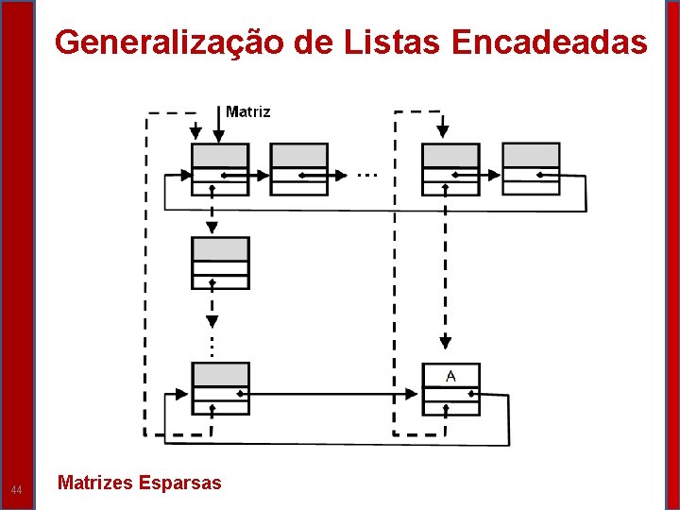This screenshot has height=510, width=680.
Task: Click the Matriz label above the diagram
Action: click(x=248, y=111)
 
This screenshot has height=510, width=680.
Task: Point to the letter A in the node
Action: click(x=450, y=376)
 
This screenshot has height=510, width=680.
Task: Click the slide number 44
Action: click(x=16, y=489)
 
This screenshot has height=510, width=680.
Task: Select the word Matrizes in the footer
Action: click(x=94, y=483)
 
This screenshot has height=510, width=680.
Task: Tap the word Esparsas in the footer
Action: click(x=179, y=483)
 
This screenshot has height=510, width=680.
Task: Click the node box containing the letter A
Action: click(x=450, y=388)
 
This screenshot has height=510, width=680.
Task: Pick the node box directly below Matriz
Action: click(x=220, y=169)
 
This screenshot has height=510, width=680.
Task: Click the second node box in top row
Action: click(x=299, y=169)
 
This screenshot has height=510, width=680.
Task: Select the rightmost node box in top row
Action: click(x=530, y=169)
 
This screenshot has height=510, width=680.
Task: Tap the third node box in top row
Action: click(x=450, y=169)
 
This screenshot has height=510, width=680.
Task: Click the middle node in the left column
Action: click(x=220, y=263)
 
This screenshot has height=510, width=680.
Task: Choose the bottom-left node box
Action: click(x=220, y=388)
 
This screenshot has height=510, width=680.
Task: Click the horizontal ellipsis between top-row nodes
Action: click(x=367, y=175)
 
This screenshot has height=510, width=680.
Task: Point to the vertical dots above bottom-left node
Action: click(x=212, y=345)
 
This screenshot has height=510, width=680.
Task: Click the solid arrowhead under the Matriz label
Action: click(x=219, y=138)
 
